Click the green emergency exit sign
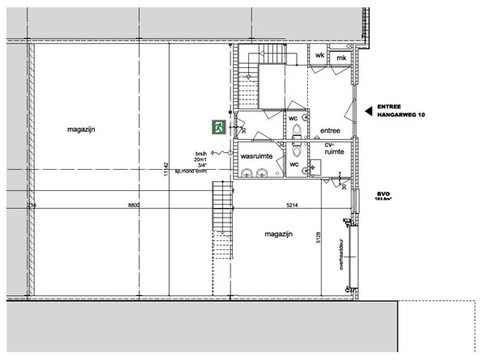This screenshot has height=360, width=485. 218,127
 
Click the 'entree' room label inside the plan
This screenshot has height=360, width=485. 330,131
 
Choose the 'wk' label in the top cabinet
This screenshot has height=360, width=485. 320,55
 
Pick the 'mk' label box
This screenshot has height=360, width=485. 341,58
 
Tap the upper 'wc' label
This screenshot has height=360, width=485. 293,118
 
